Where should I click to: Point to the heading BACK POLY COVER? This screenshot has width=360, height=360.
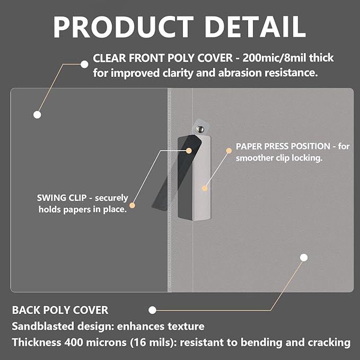[x=60, y=310]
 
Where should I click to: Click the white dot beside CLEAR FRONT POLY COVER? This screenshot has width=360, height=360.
[x=84, y=64]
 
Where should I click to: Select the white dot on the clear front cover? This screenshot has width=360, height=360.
[x=37, y=114]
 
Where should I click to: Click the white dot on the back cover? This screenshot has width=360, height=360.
[x=304, y=258]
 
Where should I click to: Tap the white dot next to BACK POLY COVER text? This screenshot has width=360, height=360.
[x=152, y=310]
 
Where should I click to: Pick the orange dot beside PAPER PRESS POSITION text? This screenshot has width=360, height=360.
[x=229, y=151]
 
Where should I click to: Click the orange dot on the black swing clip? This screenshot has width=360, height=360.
[x=189, y=150]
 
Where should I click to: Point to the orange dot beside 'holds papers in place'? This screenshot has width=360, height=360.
[x=132, y=205]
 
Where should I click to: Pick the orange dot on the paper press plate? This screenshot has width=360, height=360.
[x=204, y=187]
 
